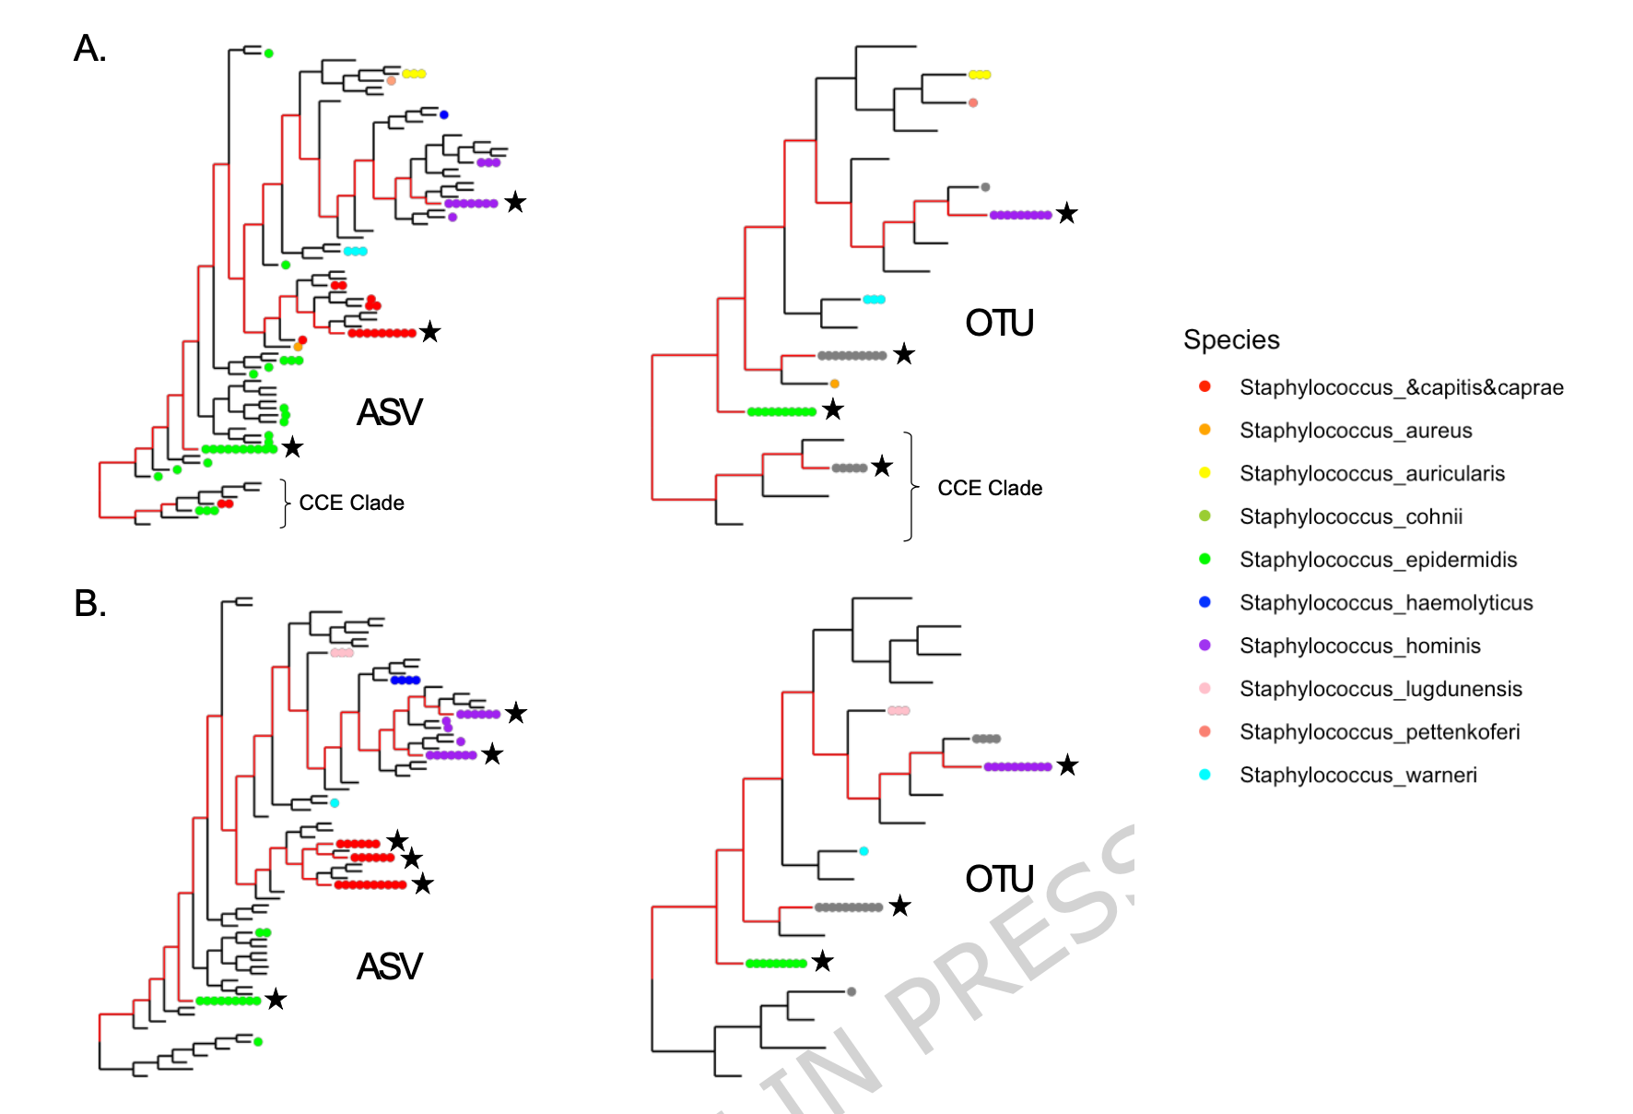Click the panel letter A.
click(x=89, y=49)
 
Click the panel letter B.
click(x=90, y=604)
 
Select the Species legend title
click(x=1231, y=340)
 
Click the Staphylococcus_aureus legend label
click(x=1356, y=431)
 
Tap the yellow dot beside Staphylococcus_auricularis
click(x=1204, y=473)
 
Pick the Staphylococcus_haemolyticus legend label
click(x=1386, y=603)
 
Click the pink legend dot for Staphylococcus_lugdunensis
click(x=1204, y=689)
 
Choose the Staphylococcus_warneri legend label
click(x=1358, y=776)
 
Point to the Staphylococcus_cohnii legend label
click(x=1351, y=516)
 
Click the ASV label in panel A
click(x=389, y=412)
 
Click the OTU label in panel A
click(x=999, y=324)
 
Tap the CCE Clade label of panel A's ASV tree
click(x=351, y=503)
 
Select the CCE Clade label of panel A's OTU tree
click(x=990, y=488)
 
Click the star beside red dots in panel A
click(x=429, y=332)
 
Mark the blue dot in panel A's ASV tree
click(x=443, y=115)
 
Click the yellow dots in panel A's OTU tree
click(x=979, y=75)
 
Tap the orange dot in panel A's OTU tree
click(x=834, y=384)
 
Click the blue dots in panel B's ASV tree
click(x=405, y=681)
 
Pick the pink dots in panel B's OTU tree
click(x=899, y=710)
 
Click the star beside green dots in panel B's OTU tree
click(x=822, y=962)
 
